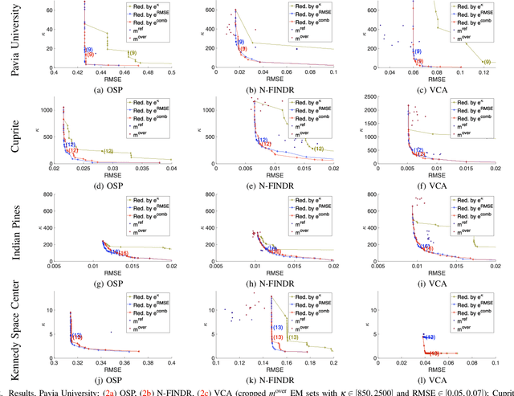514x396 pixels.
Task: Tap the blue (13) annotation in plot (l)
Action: click(430, 337)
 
